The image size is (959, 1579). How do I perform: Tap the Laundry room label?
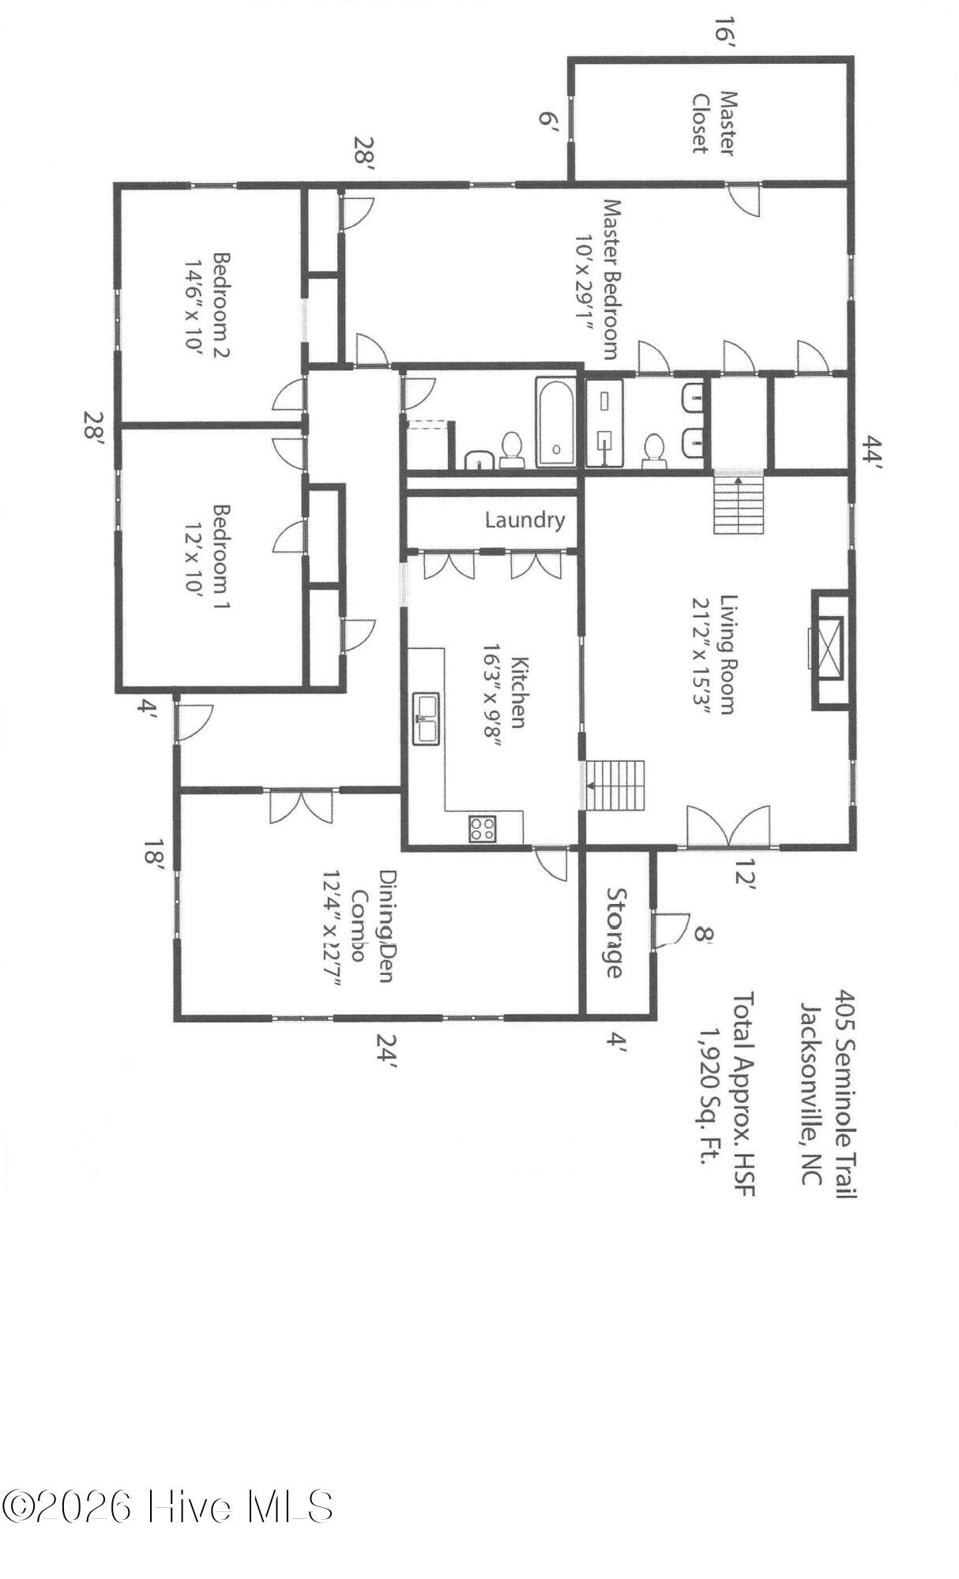tap(525, 520)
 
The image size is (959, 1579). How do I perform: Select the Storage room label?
tap(615, 932)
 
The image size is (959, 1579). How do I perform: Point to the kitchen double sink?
tap(427, 718)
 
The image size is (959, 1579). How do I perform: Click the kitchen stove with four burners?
tap(483, 828)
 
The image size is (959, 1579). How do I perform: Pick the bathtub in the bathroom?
tap(555, 422)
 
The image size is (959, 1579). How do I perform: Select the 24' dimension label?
tap(386, 1051)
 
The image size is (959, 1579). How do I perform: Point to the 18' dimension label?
tap(155, 854)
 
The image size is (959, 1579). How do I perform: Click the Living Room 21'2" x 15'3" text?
tap(713, 654)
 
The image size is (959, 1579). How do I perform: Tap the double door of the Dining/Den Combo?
tap(301, 805)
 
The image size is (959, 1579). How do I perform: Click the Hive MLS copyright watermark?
tap(167, 1506)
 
